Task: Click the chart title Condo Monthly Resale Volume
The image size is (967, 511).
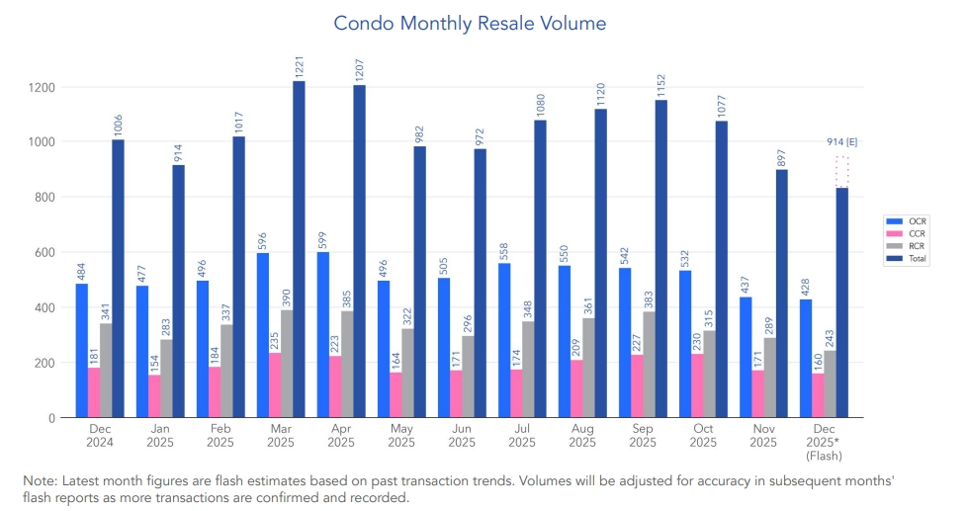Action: click(470, 22)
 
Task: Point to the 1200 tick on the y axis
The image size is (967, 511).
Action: click(41, 87)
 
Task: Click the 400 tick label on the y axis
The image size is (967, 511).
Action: click(44, 307)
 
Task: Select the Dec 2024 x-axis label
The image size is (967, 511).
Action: click(100, 436)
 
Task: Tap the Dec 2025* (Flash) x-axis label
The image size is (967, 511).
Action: click(824, 442)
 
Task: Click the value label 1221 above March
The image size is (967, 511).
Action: click(299, 67)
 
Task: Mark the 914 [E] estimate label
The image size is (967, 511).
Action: click(842, 142)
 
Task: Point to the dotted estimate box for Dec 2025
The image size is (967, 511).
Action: click(842, 171)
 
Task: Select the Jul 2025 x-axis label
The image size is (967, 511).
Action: click(521, 436)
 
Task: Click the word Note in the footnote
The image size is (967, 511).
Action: click(40, 479)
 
